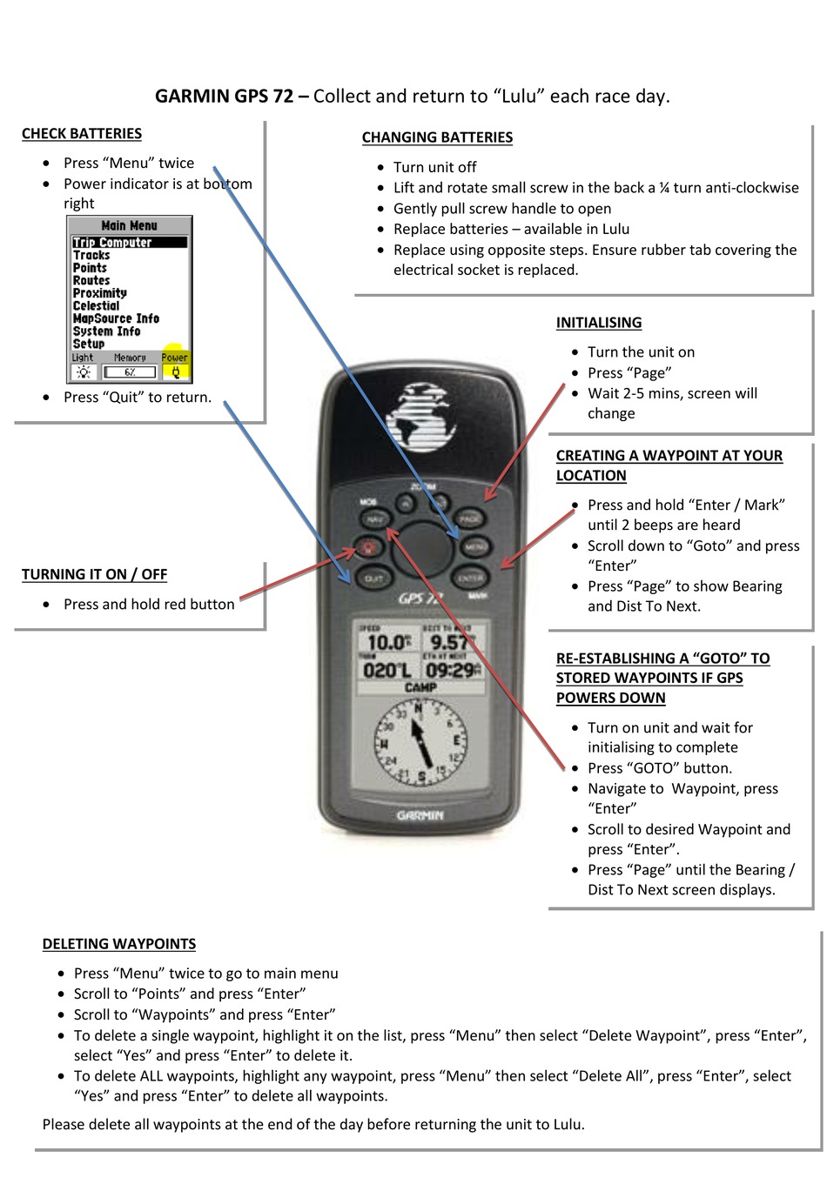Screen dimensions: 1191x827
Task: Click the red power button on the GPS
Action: pos(368,549)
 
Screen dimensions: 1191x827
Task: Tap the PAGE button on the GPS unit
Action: pos(469,519)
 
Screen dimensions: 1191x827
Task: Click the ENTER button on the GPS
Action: pos(470,578)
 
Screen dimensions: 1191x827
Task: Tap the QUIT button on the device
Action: pos(373,579)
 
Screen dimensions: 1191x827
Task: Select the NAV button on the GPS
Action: pos(374,519)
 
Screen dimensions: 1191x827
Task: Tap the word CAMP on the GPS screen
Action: pos(420,687)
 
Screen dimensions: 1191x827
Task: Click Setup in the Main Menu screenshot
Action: pos(89,344)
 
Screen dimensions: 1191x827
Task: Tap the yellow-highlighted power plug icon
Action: pos(175,371)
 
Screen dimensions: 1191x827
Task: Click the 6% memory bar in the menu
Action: pos(130,372)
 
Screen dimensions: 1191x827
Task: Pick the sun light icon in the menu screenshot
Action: pos(84,372)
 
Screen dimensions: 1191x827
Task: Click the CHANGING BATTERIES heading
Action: pos(437,137)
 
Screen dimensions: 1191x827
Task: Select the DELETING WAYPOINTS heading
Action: pos(119,944)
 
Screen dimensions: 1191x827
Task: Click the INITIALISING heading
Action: pos(599,323)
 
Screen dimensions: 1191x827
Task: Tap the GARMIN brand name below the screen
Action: pos(420,815)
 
